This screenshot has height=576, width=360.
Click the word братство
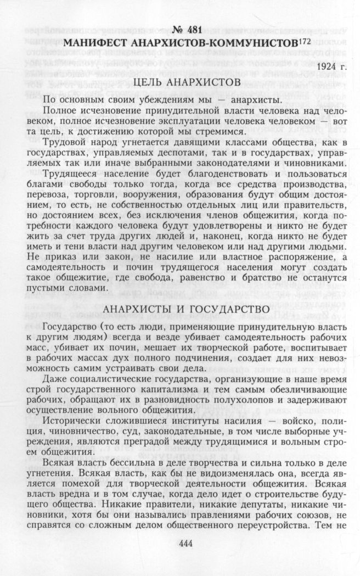pyautogui.click(x=263, y=277)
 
